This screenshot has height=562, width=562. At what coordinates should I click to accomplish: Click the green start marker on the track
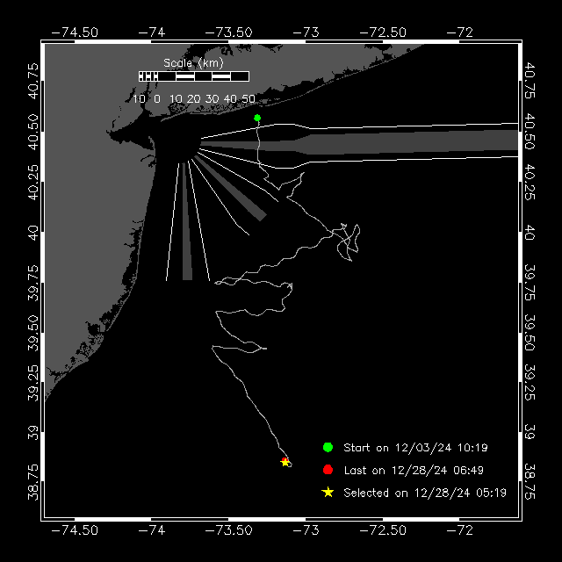[257, 118]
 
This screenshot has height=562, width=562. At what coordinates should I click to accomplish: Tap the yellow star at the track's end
[285, 462]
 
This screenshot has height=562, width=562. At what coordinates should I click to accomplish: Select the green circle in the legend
[328, 447]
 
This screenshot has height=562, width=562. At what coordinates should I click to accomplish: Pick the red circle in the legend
[328, 470]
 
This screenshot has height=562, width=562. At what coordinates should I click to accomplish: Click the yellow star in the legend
[328, 493]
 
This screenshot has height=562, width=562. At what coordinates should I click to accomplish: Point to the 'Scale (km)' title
[193, 62]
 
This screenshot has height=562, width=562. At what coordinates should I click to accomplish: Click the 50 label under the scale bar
[249, 98]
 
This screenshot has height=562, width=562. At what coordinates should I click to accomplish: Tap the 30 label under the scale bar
[212, 98]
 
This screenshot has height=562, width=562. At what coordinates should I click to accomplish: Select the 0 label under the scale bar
[157, 98]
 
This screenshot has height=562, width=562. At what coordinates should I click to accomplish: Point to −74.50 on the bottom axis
[75, 530]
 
